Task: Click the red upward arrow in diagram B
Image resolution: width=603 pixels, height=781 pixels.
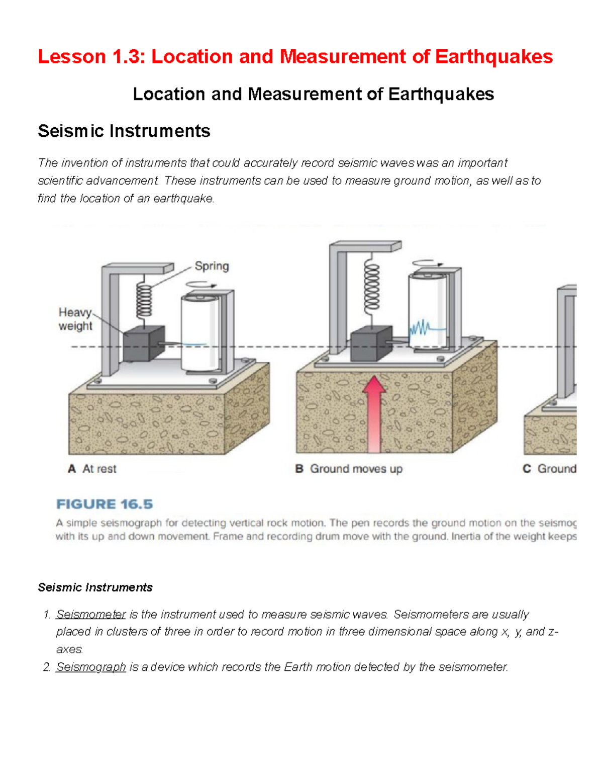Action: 374,415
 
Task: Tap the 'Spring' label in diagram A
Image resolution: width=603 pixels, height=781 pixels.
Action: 212,266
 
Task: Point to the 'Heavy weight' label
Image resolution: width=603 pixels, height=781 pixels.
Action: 75,319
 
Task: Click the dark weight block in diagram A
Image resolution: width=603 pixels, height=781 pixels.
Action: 144,344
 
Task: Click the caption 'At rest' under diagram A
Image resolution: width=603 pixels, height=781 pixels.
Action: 99,469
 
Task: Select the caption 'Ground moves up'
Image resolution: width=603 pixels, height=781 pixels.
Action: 356,469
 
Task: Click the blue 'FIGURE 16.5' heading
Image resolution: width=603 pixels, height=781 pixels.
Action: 105,504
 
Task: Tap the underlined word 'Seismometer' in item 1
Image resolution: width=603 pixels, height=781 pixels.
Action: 91,614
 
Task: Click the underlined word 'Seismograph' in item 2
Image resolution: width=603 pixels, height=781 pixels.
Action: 91,667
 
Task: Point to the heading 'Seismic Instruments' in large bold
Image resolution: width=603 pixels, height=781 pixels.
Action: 124,131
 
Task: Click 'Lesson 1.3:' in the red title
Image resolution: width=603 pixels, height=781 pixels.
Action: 91,57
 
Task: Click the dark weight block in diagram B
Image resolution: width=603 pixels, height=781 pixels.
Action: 371,343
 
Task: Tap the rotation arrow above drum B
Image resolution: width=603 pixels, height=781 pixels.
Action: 428,263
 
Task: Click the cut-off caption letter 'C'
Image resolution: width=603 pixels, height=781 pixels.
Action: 527,469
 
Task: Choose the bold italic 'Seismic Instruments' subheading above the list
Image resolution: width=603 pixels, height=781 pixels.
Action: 95,587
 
